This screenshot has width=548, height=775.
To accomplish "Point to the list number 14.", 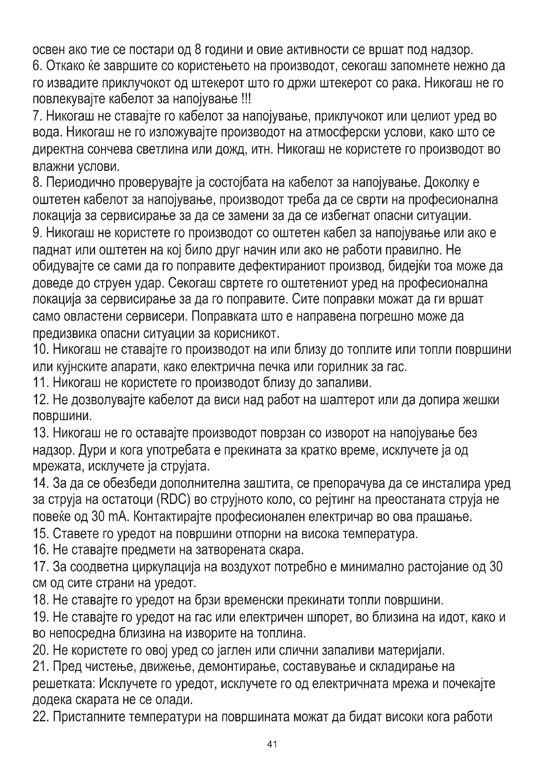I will (x=40, y=483).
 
